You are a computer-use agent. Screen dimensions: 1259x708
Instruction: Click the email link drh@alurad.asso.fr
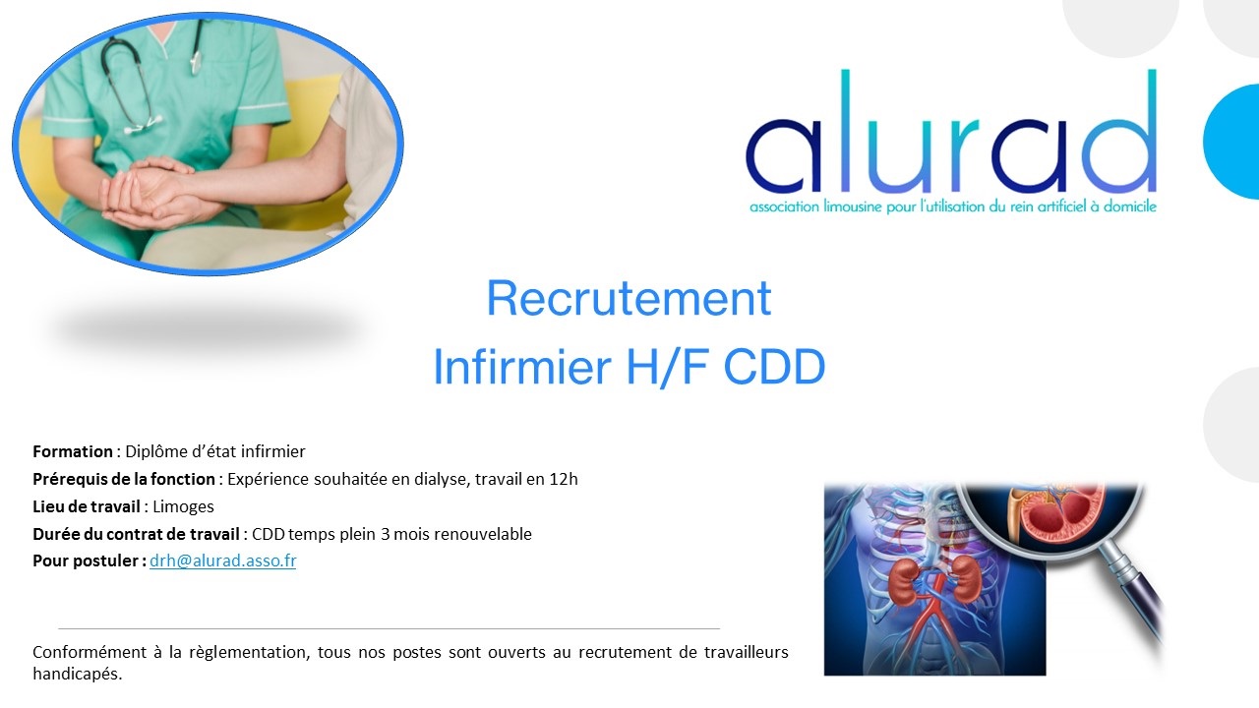tap(222, 560)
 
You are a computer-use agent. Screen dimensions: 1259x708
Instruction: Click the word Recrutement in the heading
tap(629, 298)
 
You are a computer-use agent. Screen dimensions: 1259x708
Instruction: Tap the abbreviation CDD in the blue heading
tap(774, 367)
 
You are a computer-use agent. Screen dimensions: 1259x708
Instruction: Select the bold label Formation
tap(73, 451)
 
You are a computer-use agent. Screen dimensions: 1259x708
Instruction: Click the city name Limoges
tap(183, 506)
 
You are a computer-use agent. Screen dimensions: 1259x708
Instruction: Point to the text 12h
tap(564, 479)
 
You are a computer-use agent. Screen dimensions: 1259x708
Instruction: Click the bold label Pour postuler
tap(90, 561)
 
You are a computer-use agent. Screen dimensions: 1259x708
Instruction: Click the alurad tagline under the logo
tap(953, 206)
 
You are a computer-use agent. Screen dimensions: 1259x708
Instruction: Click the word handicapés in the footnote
tap(77, 674)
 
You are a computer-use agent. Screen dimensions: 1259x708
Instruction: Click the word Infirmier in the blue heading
tap(522, 367)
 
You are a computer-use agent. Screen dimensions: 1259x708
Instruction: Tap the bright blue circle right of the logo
tap(1232, 142)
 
